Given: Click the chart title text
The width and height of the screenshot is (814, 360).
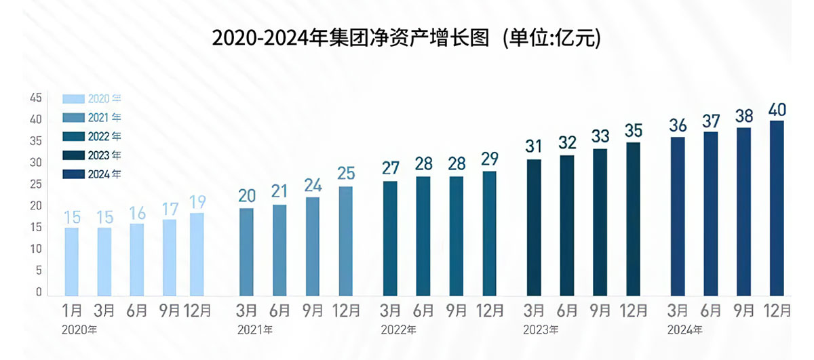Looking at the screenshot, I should [x=406, y=38].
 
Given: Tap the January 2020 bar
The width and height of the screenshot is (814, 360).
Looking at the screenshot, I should [x=71, y=261].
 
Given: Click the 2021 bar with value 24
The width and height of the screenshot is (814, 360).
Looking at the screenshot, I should [x=313, y=246].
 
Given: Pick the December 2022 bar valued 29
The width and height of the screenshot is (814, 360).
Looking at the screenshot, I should [x=489, y=233].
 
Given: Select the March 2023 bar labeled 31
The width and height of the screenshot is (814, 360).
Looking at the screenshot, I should [x=534, y=227].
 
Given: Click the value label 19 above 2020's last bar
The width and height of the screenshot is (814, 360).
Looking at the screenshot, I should [x=197, y=202].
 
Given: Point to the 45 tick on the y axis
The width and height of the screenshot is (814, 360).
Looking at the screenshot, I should [x=36, y=98].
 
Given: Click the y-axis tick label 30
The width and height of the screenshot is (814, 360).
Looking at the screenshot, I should [x=36, y=163].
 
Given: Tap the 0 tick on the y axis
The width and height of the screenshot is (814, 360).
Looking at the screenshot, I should [x=39, y=292].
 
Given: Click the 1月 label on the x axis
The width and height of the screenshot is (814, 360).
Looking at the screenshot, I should [x=71, y=311].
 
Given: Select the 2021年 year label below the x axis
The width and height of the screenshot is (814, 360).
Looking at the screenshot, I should [x=255, y=330].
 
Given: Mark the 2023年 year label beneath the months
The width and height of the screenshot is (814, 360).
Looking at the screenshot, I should [x=541, y=330].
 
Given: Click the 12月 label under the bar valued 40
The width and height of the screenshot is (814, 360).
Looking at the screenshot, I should [x=777, y=311].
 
